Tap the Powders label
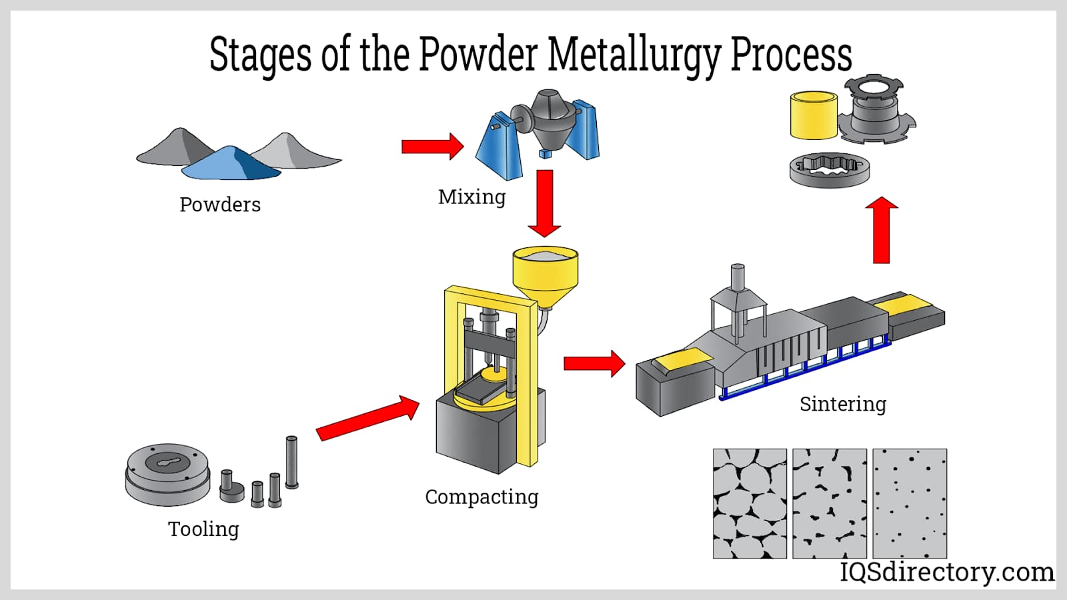[x=219, y=205]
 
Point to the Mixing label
[x=471, y=197]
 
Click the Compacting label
[x=481, y=497]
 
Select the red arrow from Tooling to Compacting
[x=367, y=418]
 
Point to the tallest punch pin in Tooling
[x=291, y=462]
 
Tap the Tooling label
[x=203, y=529]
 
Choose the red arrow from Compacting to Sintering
[x=594, y=363]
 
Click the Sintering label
[x=843, y=404]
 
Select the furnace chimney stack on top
[x=738, y=279]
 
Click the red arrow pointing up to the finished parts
[x=882, y=230]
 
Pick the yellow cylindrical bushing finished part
[x=814, y=116]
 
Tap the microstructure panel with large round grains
[x=750, y=503]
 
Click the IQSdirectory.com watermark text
[x=947, y=572]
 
